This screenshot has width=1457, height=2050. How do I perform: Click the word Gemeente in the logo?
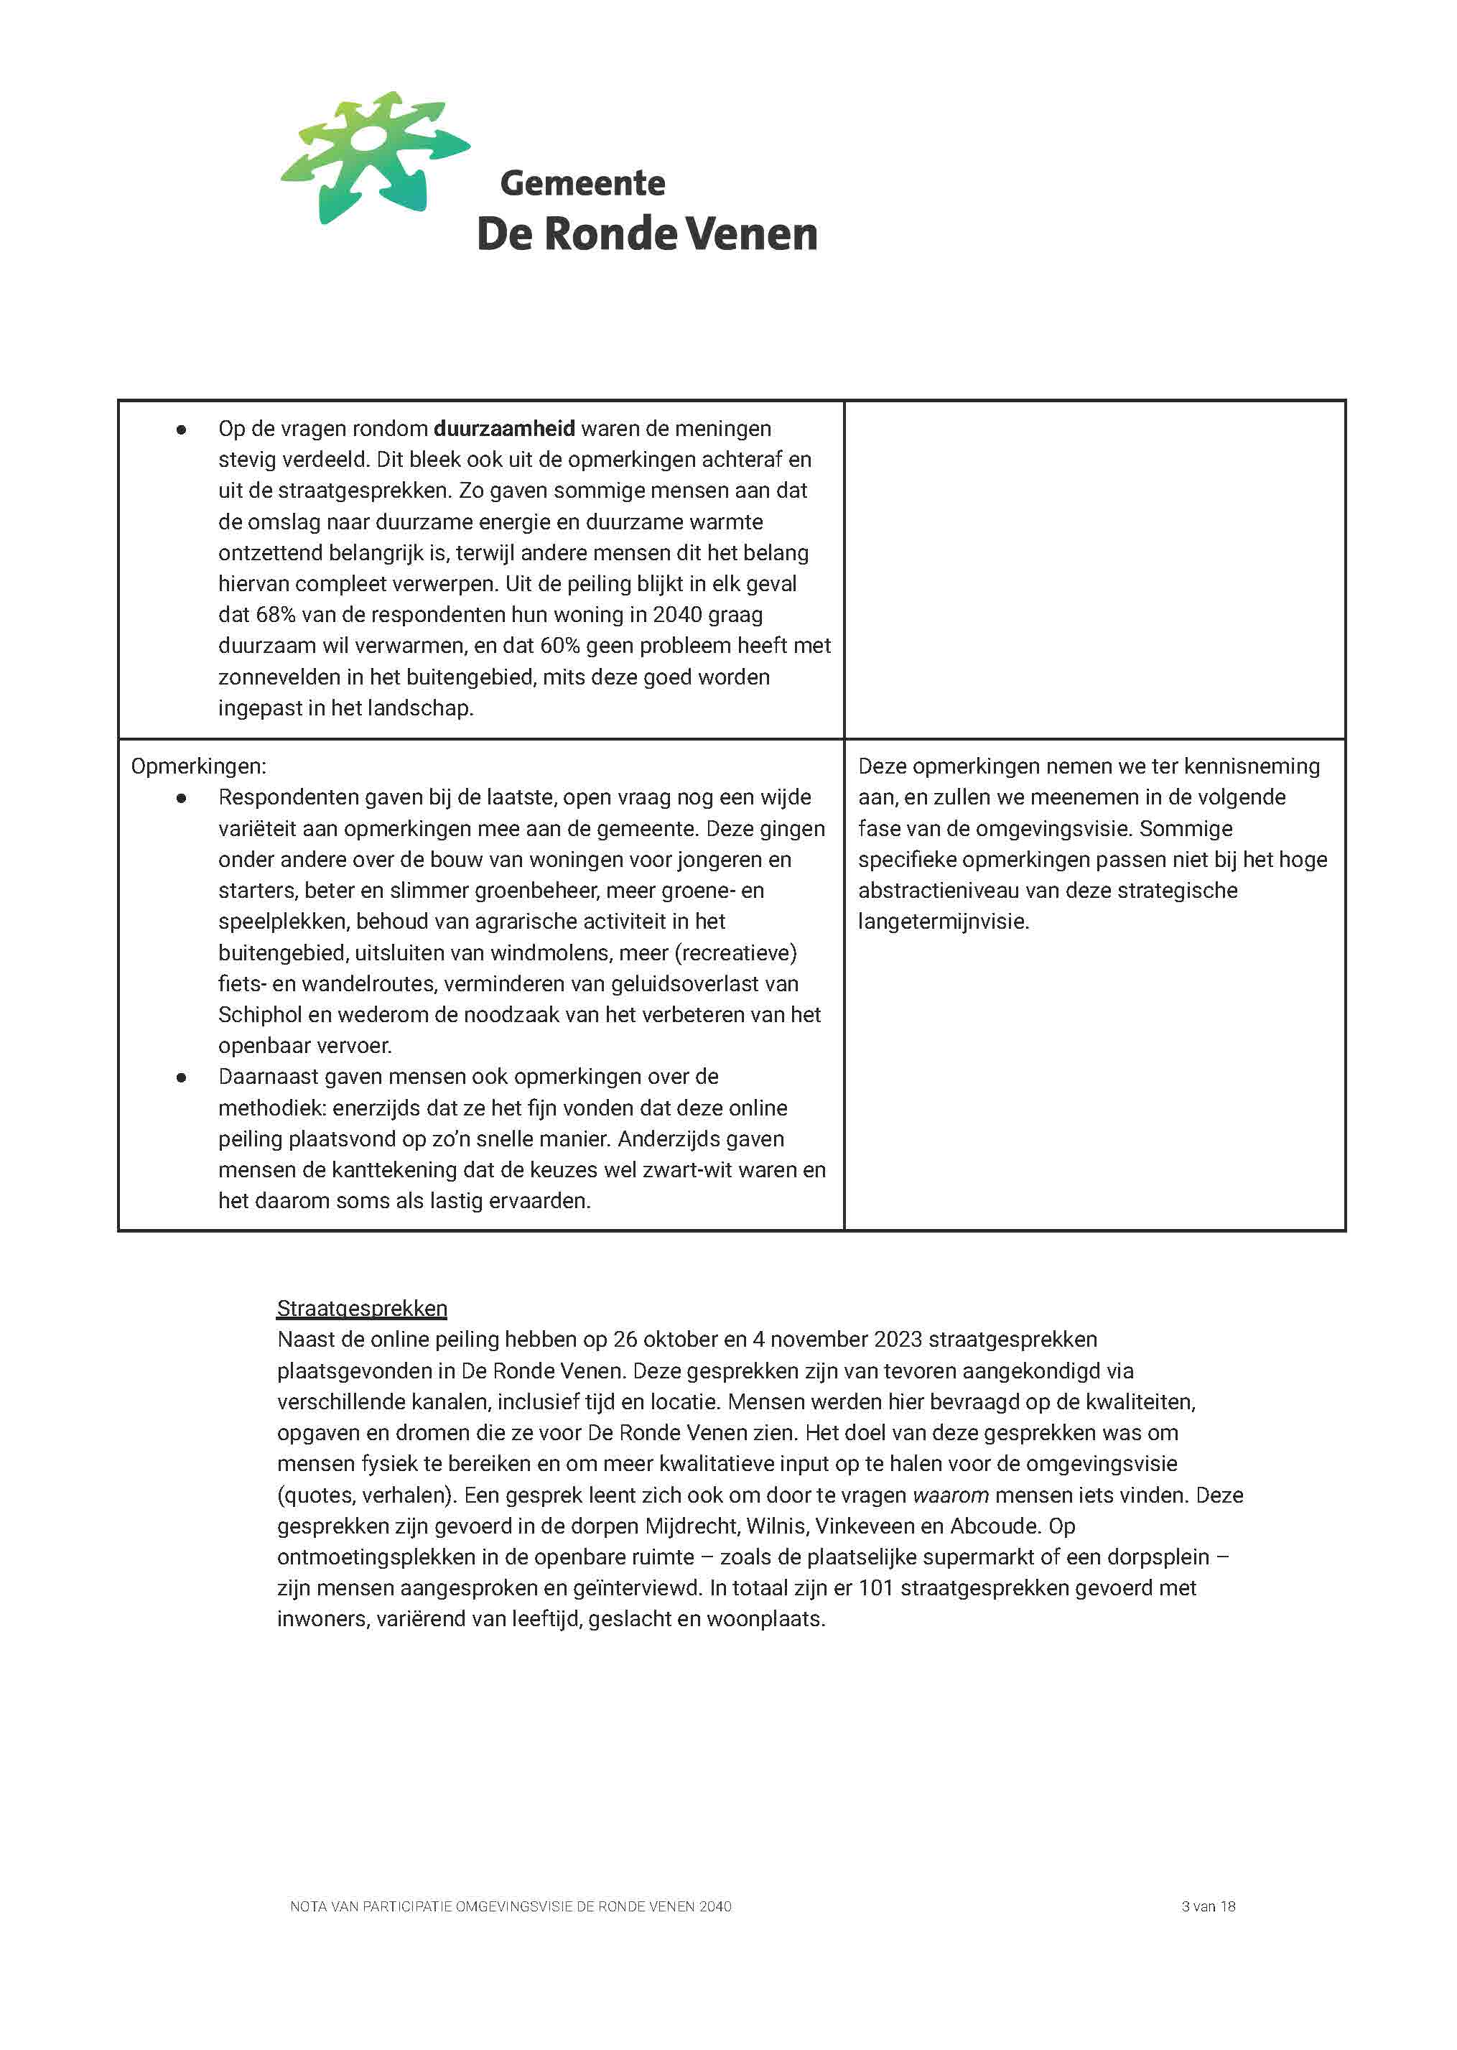click(x=582, y=183)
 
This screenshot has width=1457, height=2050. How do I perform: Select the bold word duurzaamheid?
click(x=504, y=429)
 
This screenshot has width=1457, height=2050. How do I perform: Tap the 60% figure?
click(x=559, y=646)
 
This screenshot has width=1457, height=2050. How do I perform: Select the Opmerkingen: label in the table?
click(x=198, y=767)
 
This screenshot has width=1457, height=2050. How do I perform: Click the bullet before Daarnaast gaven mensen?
click(x=181, y=1077)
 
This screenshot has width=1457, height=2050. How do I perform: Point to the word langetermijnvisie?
click(x=942, y=922)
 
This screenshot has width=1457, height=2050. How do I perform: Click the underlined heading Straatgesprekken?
click(x=362, y=1309)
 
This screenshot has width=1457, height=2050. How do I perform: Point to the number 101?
click(x=875, y=1589)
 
